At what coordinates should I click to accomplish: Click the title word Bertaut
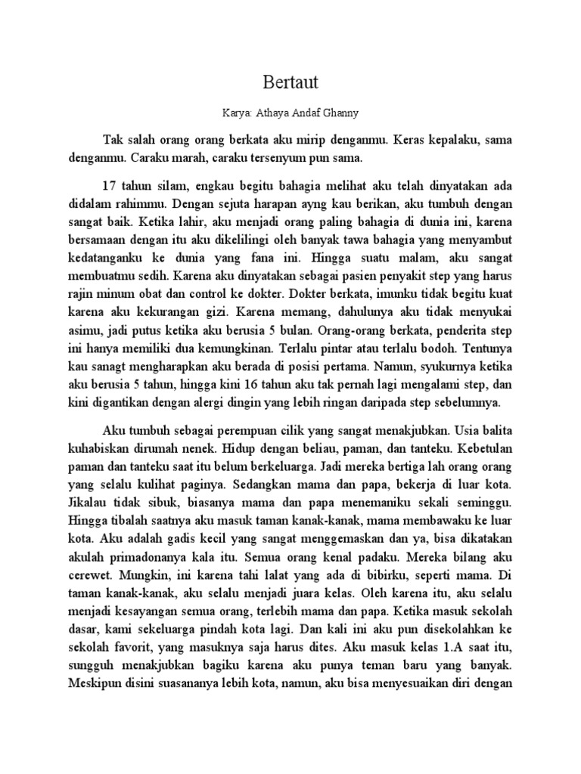click(x=290, y=81)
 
